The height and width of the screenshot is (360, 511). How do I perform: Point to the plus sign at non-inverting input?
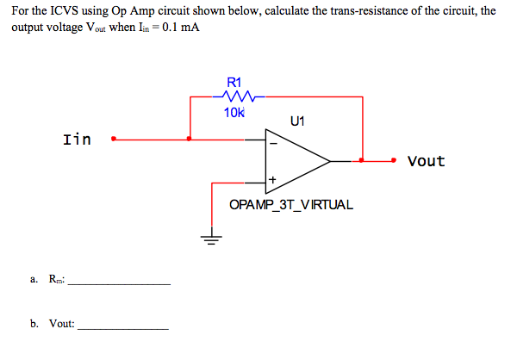tap(273, 180)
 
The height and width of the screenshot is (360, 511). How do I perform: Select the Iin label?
tap(77, 139)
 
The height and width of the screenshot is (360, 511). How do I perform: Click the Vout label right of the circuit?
tap(426, 161)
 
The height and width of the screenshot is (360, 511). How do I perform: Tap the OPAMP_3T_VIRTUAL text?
tap(290, 206)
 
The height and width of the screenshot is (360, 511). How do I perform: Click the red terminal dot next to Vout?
tap(394, 160)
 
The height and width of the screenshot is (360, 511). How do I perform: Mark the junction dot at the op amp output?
tap(362, 160)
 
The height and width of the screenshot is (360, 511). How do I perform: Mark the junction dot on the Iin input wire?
tap(190, 137)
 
